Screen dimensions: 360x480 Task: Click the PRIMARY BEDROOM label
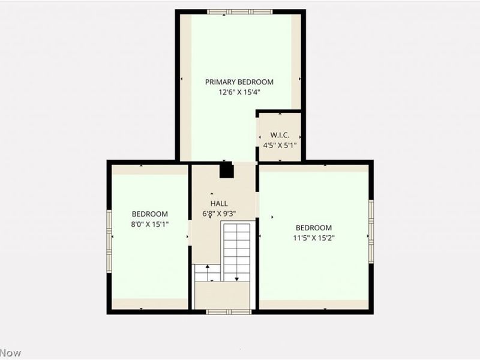[x=239, y=82]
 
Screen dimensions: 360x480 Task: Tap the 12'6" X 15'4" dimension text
[x=239, y=92]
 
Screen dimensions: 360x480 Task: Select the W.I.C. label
[x=280, y=134]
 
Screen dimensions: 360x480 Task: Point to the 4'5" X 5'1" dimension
[x=280, y=145]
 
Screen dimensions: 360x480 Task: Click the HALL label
[x=218, y=203]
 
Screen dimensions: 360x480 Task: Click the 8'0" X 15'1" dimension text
[x=150, y=224]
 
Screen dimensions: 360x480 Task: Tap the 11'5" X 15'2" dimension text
[x=314, y=238]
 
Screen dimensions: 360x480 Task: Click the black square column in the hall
[x=226, y=171]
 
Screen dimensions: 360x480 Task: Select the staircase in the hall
[x=236, y=251]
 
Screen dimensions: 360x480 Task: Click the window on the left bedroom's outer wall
[x=109, y=240]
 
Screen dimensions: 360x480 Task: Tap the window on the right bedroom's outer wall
[x=371, y=231]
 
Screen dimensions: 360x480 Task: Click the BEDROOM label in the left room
[x=150, y=214]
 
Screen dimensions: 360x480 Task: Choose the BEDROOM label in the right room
[x=314, y=227]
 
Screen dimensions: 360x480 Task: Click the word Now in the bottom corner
[x=10, y=353]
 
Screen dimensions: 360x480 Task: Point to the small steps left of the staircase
[x=206, y=273]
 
